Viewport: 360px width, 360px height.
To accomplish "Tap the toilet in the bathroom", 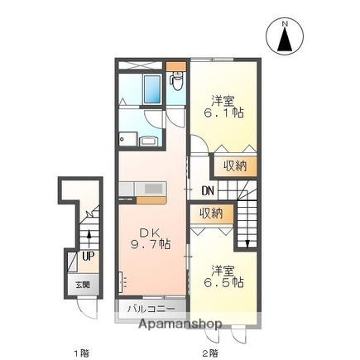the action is (x=176, y=81).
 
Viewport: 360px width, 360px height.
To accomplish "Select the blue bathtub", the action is (x=152, y=89).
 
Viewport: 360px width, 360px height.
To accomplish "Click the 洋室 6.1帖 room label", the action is (x=223, y=107).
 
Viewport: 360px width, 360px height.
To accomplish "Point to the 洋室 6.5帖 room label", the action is (x=223, y=276).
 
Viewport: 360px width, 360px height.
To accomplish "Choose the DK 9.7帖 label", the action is (x=151, y=238).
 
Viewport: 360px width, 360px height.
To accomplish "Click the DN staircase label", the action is (x=208, y=191).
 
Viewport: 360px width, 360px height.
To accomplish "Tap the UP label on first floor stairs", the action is (x=89, y=256).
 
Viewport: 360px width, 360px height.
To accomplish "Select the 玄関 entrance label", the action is (x=83, y=285).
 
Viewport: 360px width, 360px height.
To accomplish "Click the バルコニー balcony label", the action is (x=151, y=309).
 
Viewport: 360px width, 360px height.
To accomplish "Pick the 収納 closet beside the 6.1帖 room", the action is (x=235, y=166).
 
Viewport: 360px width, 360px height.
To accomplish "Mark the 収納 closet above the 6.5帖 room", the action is (x=211, y=214).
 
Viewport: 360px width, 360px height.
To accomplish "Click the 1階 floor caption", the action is (x=82, y=353).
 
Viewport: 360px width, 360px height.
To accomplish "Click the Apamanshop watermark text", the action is (x=180, y=324).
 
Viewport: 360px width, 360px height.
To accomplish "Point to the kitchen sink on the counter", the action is (x=152, y=189).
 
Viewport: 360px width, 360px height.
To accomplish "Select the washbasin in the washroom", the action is (x=149, y=142).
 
